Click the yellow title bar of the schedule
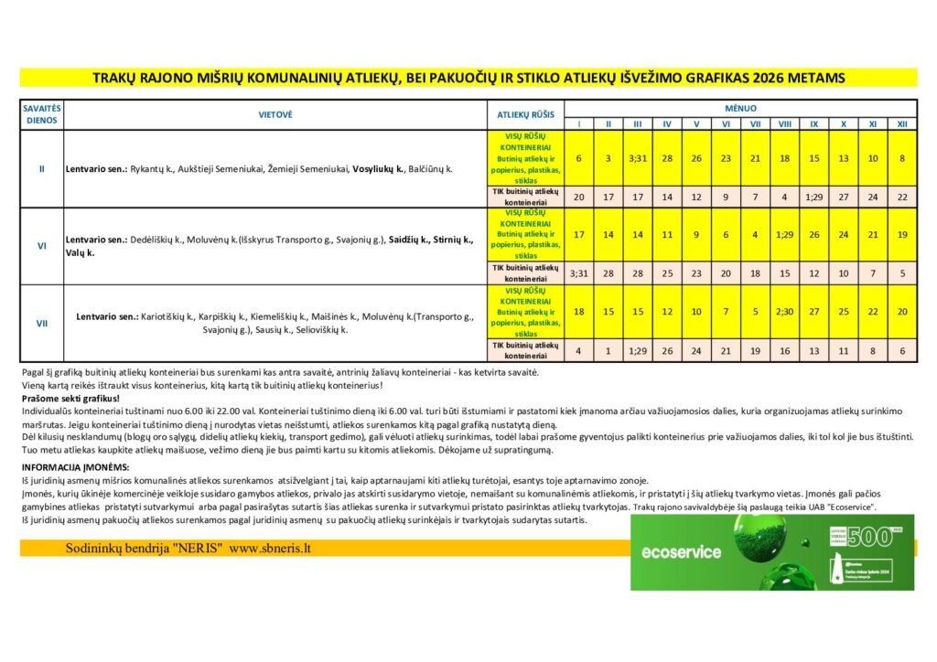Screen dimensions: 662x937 point(468,78)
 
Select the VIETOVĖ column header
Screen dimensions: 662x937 point(275,114)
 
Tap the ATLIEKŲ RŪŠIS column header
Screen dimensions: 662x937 point(525,114)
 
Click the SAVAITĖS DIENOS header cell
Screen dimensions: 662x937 point(41,114)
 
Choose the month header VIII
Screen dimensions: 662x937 point(784,123)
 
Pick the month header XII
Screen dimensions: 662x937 point(901,123)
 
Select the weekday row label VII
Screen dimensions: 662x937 point(41,323)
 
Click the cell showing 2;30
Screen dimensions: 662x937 point(784,312)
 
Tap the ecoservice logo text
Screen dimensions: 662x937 point(681,551)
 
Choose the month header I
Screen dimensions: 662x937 point(578,123)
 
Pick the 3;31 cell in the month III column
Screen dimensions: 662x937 point(637,158)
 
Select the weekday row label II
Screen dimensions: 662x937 point(41,169)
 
